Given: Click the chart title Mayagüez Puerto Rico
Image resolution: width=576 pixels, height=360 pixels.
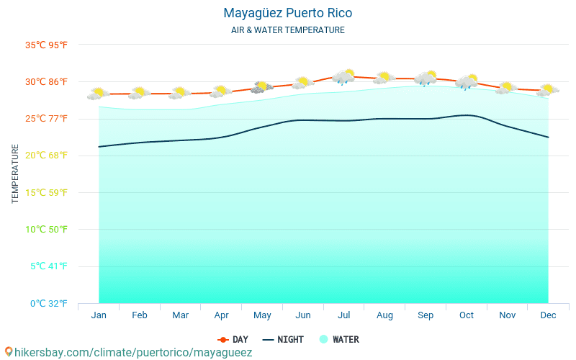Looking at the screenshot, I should (x=288, y=13).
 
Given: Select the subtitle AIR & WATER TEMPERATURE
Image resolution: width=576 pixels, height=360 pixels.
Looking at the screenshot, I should (x=288, y=30).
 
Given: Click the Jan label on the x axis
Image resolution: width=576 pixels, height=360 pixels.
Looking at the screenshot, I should (x=99, y=315).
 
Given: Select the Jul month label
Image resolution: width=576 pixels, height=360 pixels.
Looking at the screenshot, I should (x=344, y=315).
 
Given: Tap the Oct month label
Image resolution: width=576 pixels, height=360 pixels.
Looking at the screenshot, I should (x=467, y=315).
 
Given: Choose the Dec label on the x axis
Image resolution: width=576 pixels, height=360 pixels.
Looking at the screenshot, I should (x=548, y=315).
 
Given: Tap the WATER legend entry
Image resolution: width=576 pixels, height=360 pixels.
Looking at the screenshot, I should (x=339, y=339).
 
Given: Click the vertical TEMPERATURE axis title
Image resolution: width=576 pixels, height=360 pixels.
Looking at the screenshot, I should (x=15, y=174).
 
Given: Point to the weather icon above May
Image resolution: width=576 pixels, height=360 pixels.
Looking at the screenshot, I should (x=262, y=87).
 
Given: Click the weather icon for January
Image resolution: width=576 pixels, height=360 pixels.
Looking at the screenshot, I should (x=99, y=93).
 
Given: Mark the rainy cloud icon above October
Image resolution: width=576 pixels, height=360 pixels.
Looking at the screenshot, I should (x=467, y=81).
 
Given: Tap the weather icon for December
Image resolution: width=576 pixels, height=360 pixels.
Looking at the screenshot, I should (x=548, y=89).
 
